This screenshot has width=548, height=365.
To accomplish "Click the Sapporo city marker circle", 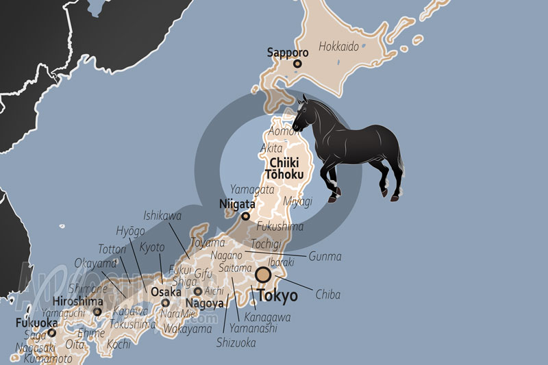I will click(297, 64).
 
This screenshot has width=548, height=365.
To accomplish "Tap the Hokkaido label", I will click(338, 48).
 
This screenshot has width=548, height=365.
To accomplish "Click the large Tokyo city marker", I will click(262, 275).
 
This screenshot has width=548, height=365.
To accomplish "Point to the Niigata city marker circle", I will click(245, 216).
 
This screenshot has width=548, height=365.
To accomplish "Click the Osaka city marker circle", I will click(165, 303).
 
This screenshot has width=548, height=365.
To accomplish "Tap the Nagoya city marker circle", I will click(198, 291).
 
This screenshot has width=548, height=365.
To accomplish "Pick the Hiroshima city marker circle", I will click(97, 312).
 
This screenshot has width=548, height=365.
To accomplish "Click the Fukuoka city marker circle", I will click(51, 333).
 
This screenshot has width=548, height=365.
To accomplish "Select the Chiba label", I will click(327, 295).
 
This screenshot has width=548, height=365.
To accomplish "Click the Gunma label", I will click(325, 256).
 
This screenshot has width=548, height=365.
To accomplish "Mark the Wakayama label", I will click(188, 329).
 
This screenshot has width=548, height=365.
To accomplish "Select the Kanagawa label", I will click(268, 318).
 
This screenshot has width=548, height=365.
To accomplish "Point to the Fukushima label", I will click(279, 227).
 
